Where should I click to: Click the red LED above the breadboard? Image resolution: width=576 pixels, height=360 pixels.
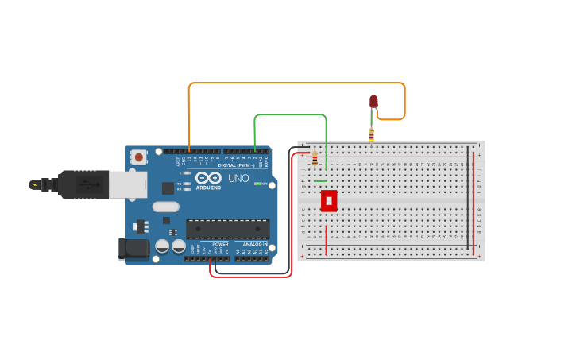click(x=373, y=101)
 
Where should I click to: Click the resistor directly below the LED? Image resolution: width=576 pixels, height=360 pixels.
click(x=371, y=134)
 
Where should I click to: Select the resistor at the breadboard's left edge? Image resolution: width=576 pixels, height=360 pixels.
click(x=315, y=158)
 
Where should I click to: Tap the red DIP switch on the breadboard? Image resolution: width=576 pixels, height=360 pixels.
click(x=328, y=200)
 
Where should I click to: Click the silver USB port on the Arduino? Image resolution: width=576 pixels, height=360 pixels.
click(x=127, y=184)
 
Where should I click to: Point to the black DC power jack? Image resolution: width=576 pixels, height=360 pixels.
click(x=133, y=249)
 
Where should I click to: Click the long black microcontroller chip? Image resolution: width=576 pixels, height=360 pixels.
click(x=227, y=229)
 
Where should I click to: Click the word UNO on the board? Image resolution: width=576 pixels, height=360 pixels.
click(x=238, y=179)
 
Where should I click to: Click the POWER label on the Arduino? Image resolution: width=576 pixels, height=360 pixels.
click(x=220, y=244)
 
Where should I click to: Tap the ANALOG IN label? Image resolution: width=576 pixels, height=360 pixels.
click(x=254, y=244)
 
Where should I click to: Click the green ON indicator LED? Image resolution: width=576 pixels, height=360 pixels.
click(x=257, y=184)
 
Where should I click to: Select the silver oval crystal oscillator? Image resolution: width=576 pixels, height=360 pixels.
click(x=166, y=207)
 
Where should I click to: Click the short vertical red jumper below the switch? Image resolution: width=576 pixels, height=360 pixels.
click(x=326, y=240)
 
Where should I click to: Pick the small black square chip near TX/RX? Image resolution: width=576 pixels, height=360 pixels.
click(x=168, y=188)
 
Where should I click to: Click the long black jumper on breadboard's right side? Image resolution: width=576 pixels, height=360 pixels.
click(x=468, y=199)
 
